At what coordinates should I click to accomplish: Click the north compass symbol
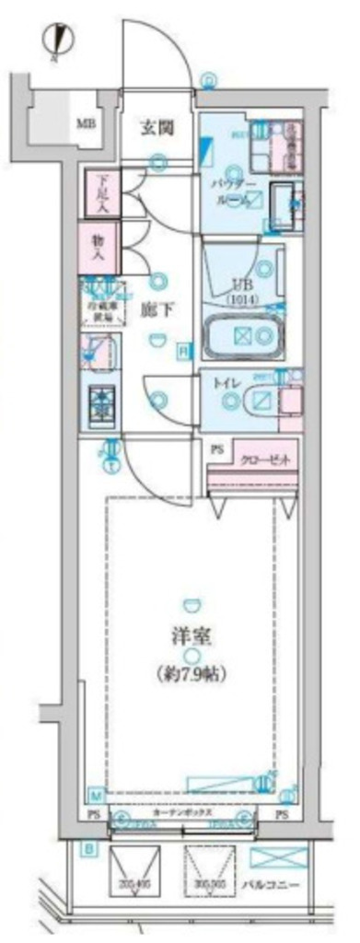tap(56, 40)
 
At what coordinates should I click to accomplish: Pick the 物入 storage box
tap(98, 243)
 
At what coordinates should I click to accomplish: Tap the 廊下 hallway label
tap(154, 310)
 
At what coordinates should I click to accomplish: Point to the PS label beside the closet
tap(217, 448)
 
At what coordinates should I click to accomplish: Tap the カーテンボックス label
tap(183, 814)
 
